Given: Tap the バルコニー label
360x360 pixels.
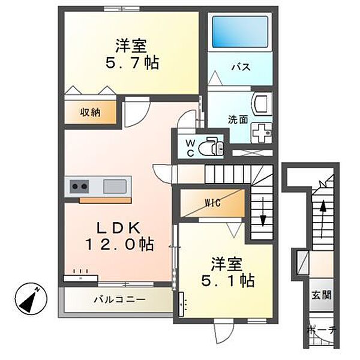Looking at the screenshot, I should tap(119, 299).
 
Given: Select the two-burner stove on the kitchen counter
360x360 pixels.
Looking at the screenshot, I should tap(79, 186).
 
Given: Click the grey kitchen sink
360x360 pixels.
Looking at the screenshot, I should tap(115, 186).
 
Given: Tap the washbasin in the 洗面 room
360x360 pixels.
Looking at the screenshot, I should tap(262, 103).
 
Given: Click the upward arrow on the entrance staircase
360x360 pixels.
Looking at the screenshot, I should tap(323, 212).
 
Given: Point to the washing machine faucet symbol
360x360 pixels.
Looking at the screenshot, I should tap(260, 130).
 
